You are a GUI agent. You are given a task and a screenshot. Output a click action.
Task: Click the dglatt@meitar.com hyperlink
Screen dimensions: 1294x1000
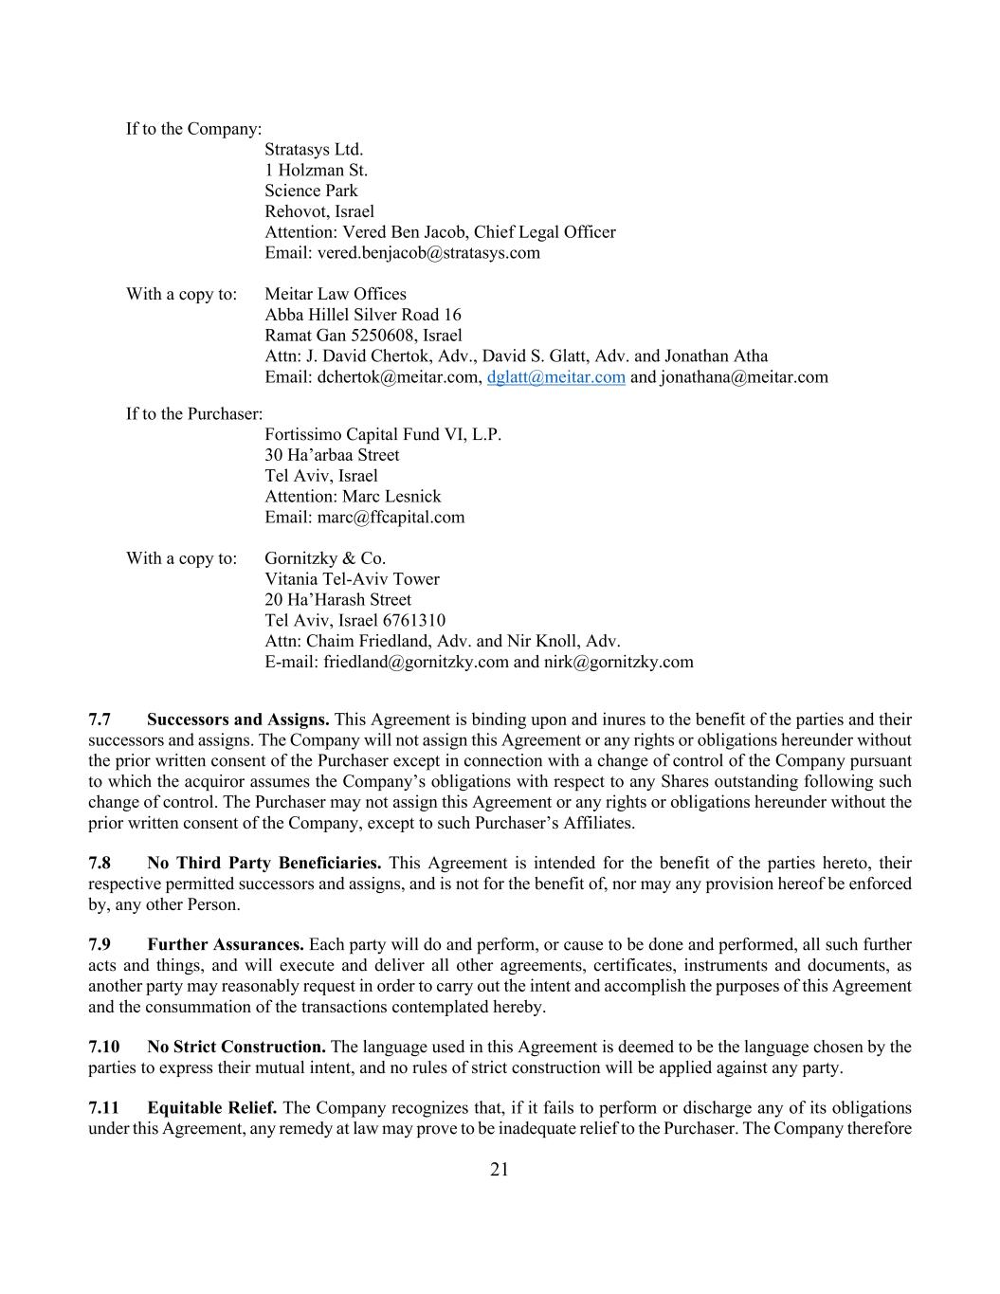[555, 377]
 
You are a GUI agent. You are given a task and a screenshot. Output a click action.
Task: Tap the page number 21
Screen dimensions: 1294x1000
[500, 1170]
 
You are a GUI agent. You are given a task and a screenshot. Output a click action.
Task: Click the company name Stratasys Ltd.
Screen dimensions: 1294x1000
[314, 150]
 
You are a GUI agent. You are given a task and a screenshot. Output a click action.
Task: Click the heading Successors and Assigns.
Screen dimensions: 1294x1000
[238, 720]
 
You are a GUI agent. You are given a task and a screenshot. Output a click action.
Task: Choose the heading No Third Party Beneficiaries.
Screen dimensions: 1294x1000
[264, 863]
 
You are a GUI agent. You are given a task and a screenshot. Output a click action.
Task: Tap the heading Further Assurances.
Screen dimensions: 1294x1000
[226, 944]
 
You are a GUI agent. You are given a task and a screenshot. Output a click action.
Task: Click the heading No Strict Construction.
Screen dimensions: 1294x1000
[236, 1047]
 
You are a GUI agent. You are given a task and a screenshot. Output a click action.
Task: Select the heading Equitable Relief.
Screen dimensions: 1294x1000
[212, 1107]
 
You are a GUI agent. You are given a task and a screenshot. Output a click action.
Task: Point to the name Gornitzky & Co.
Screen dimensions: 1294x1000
[325, 558]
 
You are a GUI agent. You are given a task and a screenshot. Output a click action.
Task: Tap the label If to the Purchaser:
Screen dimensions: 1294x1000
[194, 414]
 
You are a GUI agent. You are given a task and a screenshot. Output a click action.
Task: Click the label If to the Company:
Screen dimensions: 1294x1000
[194, 129]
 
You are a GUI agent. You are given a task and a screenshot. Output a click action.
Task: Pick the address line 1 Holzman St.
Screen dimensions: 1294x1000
[316, 171]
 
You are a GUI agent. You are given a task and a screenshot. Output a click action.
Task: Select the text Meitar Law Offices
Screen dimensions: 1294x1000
[336, 294]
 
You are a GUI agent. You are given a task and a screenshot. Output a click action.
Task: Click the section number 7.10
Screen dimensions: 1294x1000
[104, 1047]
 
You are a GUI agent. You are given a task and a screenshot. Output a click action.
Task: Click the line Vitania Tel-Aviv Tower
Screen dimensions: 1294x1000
[352, 579]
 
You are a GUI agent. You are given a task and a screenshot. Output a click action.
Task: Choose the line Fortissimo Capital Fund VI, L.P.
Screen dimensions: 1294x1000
[383, 435]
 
